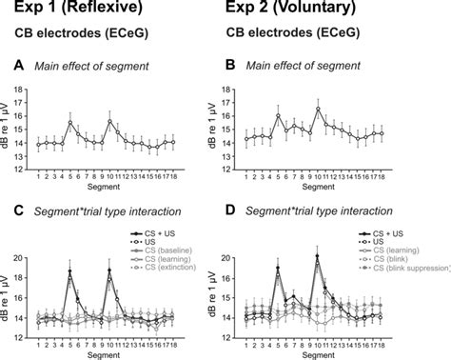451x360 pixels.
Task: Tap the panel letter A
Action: (x=18, y=65)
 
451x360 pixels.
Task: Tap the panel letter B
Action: (x=232, y=65)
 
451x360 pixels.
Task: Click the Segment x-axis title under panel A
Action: (x=106, y=189)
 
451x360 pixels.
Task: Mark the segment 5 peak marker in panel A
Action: (x=70, y=122)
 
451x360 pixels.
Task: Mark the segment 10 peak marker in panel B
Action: (x=319, y=109)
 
